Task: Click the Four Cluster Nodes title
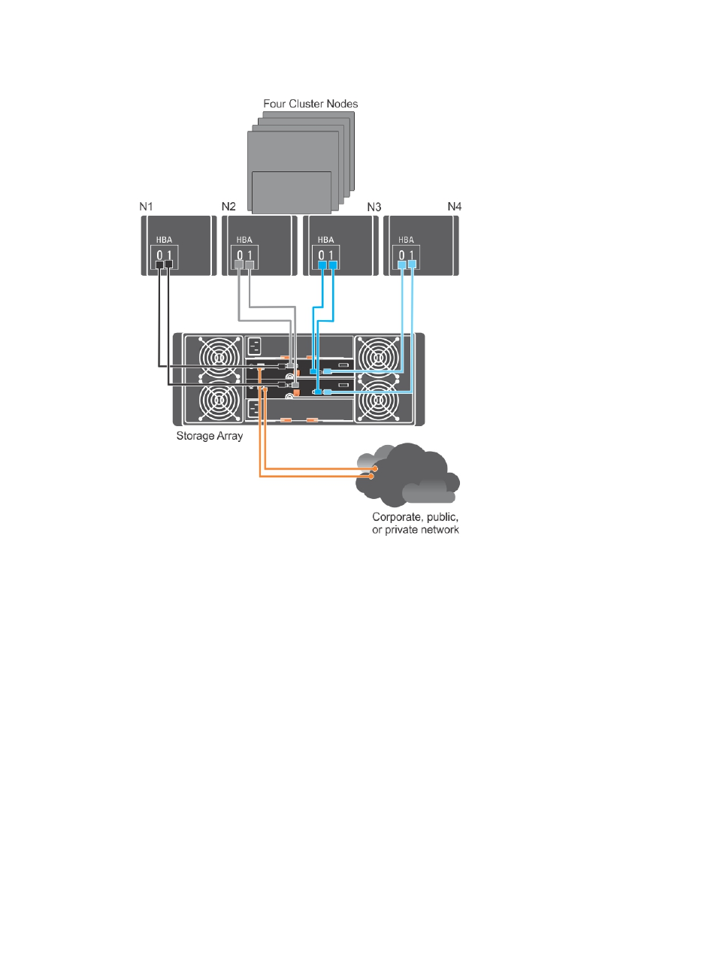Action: pos(310,104)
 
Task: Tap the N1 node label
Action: pos(146,207)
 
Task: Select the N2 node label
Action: pos(228,207)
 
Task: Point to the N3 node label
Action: pos(374,207)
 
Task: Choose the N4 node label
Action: pos(455,207)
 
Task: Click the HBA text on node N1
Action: pos(164,240)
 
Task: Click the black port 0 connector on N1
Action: pos(159,265)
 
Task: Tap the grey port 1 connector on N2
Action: pos(250,265)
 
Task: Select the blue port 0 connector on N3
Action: pos(322,265)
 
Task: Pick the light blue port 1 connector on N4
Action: pos(413,264)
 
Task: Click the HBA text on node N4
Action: pos(407,240)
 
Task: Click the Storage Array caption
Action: pos(210,436)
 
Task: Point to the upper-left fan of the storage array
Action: pos(220,357)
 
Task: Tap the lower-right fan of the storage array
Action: pos(377,401)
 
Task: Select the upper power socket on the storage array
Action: pos(254,346)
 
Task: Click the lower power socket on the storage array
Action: pos(253,409)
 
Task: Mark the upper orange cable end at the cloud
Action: pos(375,469)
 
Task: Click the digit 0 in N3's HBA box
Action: pos(321,256)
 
